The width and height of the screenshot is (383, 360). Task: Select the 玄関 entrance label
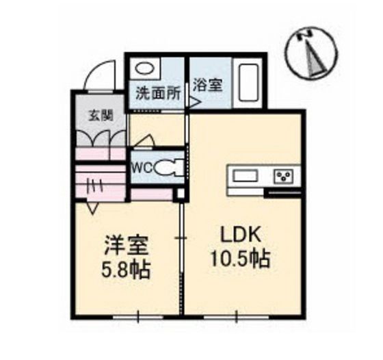pyautogui.click(x=100, y=115)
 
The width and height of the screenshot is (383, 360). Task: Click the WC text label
pyautogui.click(x=141, y=166)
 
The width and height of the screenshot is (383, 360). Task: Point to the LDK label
pyautogui.click(x=239, y=234)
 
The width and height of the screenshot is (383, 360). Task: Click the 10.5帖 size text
pyautogui.click(x=239, y=260)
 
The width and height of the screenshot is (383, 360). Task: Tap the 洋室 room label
pyautogui.click(x=127, y=244)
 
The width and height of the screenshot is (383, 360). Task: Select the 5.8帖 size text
pyautogui.click(x=127, y=268)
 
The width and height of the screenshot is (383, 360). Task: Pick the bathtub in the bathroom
pyautogui.click(x=248, y=83)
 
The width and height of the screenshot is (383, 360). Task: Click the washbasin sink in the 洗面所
pyautogui.click(x=144, y=69)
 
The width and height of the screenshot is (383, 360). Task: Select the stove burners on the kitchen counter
pyautogui.click(x=283, y=177)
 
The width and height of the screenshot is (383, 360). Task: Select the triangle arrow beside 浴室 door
pyautogui.click(x=194, y=103)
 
